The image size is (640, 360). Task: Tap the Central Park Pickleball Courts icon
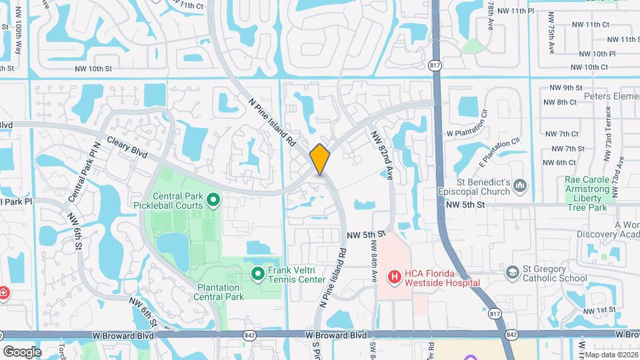[x=213, y=199]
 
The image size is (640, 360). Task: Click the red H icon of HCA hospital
[x=394, y=275]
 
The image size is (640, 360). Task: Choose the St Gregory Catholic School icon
[x=512, y=272]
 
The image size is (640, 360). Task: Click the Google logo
[x=22, y=351]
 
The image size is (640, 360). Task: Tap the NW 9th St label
[x=563, y=88]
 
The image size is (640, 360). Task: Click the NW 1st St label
[x=597, y=311]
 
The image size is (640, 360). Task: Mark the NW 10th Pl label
[x=593, y=53]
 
